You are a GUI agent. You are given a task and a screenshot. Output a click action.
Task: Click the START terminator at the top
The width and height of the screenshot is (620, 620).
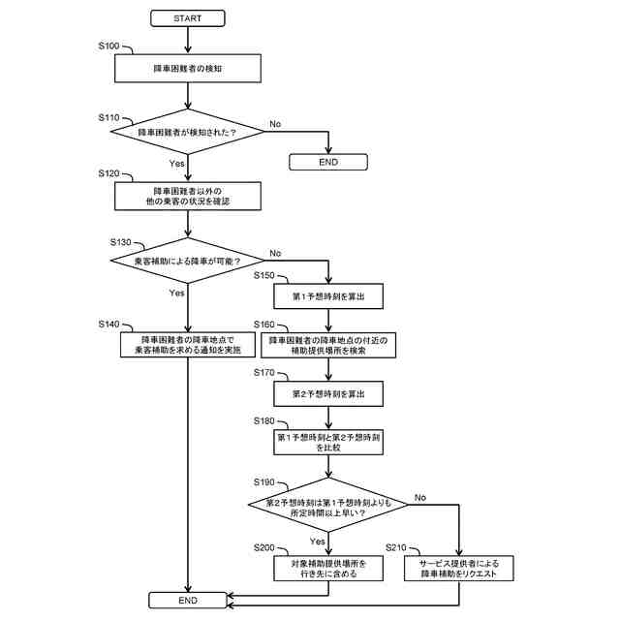pos(188,18)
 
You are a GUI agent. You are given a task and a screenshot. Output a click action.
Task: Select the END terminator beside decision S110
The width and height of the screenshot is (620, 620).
pos(328,162)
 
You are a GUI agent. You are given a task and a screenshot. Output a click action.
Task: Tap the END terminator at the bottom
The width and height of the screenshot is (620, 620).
pos(188,601)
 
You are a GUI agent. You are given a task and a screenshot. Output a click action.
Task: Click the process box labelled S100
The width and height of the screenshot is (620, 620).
pos(188,68)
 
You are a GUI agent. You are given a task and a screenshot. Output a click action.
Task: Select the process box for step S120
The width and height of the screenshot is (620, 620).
pos(188,197)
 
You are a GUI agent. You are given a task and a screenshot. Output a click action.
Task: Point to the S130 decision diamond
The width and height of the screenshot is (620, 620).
pos(188,261)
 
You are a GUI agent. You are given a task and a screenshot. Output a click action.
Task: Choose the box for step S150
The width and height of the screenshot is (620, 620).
pos(328,294)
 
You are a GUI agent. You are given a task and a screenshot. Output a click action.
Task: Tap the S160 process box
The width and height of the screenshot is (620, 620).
pos(328,346)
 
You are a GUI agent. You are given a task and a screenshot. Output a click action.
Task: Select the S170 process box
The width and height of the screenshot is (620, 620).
pos(328,394)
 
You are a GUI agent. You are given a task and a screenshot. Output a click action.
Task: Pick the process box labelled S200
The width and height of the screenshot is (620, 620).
pos(328,568)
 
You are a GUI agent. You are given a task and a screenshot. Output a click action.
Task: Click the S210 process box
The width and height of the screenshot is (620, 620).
pos(458,568)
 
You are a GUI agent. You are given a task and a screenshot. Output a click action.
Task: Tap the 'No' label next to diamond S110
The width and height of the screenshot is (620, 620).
pos(275,123)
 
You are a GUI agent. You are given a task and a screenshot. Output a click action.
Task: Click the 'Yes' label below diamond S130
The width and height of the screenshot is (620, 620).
pos(176,293)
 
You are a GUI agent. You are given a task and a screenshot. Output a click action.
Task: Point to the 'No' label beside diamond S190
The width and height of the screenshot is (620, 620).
pos(419,498)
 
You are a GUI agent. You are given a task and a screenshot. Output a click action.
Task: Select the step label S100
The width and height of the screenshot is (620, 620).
pos(108,45)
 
